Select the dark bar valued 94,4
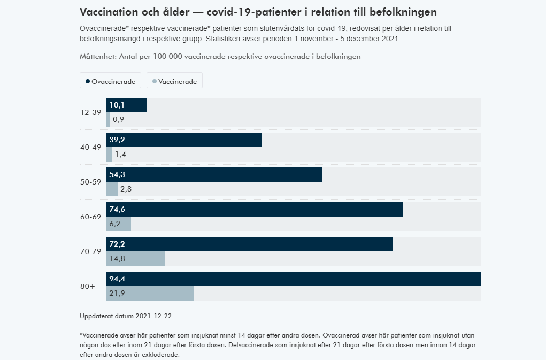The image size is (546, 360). (294, 279)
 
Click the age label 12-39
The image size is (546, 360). (90, 112)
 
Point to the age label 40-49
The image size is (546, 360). (90, 147)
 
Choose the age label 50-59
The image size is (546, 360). (90, 182)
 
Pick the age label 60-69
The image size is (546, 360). (90, 217)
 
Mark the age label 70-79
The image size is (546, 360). (90, 251)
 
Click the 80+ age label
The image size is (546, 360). (87, 286)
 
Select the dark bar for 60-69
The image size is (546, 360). (255, 209)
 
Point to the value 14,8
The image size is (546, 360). (117, 259)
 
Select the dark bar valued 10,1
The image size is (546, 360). (126, 105)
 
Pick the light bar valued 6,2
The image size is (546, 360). (119, 224)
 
